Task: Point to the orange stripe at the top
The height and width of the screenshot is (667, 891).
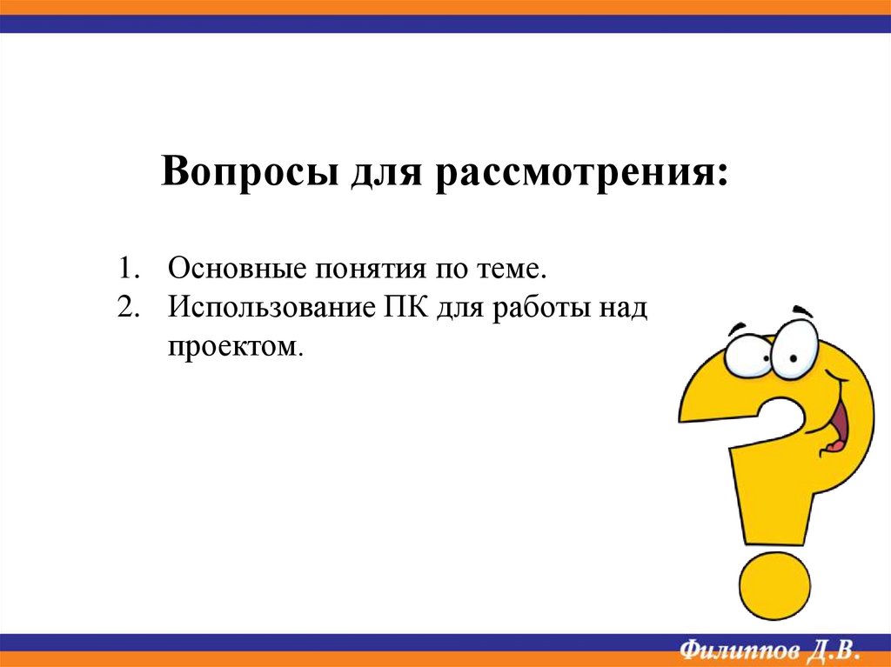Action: [445, 7]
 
